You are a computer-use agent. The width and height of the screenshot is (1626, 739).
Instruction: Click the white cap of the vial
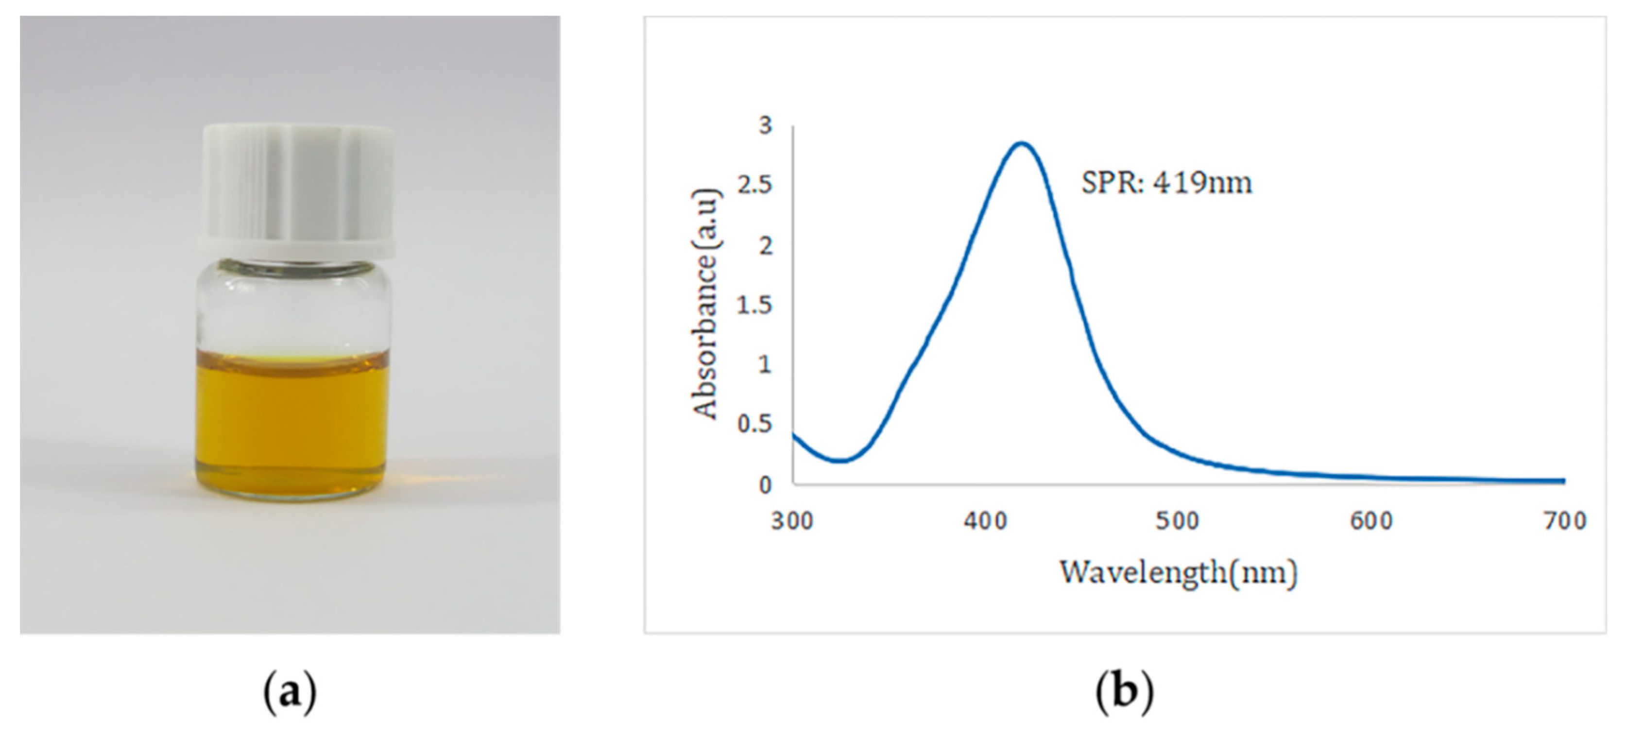click(297, 189)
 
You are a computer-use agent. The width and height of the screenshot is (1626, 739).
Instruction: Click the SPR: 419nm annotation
click(1166, 183)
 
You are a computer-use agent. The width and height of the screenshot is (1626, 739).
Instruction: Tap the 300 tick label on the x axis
click(792, 521)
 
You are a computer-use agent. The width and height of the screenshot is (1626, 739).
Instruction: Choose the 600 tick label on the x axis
click(1371, 521)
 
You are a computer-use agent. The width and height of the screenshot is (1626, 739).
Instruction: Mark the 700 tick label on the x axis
click(1565, 521)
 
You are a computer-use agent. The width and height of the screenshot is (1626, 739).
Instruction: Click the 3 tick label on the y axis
click(766, 125)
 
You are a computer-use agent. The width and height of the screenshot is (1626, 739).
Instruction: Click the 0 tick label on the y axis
click(766, 485)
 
